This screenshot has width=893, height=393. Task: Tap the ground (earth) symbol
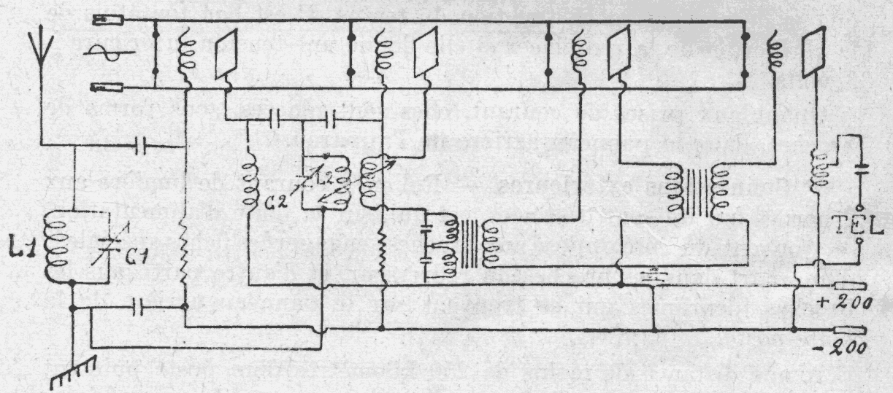62,373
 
